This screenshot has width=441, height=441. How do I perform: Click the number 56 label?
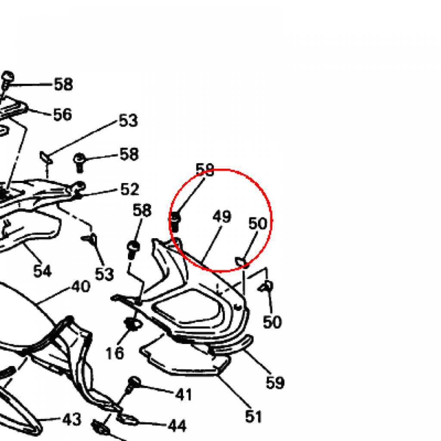pyautogui.click(x=62, y=115)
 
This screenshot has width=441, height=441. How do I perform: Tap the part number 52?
pyautogui.click(x=130, y=189)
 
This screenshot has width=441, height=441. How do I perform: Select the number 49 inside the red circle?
pyautogui.click(x=222, y=217)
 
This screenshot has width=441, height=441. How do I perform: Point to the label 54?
pyautogui.click(x=43, y=271)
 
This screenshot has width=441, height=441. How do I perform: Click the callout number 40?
pyautogui.click(x=81, y=286)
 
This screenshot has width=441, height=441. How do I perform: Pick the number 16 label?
pyautogui.click(x=115, y=353)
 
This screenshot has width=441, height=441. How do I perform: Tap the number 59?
pyautogui.click(x=275, y=382)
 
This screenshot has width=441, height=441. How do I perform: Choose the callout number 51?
pyautogui.click(x=254, y=416)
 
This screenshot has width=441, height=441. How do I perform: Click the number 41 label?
pyautogui.click(x=183, y=394)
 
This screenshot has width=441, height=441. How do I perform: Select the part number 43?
pyautogui.click(x=72, y=419)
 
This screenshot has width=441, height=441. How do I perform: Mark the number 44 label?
pyautogui.click(x=177, y=426)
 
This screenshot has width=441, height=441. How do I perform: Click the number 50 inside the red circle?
pyautogui.click(x=258, y=224)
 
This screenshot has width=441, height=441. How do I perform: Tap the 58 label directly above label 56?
pyautogui.click(x=63, y=84)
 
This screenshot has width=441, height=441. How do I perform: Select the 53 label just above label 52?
pyautogui.click(x=128, y=121)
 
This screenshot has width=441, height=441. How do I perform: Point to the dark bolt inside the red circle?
pyautogui.click(x=175, y=222)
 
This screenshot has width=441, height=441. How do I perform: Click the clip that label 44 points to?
pyautogui.click(x=127, y=419)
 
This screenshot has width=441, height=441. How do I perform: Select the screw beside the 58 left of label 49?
pyautogui.click(x=133, y=249)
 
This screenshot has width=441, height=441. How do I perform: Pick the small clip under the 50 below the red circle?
pyautogui.click(x=266, y=287)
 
